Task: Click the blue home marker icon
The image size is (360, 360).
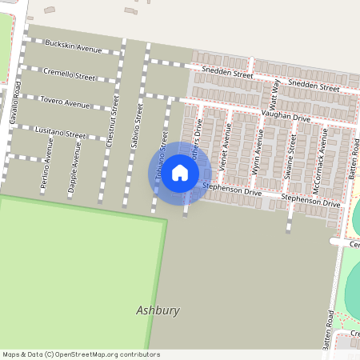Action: click(180, 172)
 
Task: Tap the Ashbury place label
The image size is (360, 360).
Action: click(158, 310)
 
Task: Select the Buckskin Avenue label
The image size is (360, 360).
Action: click(74, 46)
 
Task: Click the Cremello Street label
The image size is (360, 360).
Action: click(69, 74)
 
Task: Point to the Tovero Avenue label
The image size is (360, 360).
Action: click(66, 102)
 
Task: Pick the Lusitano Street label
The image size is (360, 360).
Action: click(59, 132)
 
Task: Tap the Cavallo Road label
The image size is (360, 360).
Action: click(14, 102)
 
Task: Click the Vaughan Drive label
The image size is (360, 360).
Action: click(289, 117)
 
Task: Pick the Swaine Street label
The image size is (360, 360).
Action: click(291, 155)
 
